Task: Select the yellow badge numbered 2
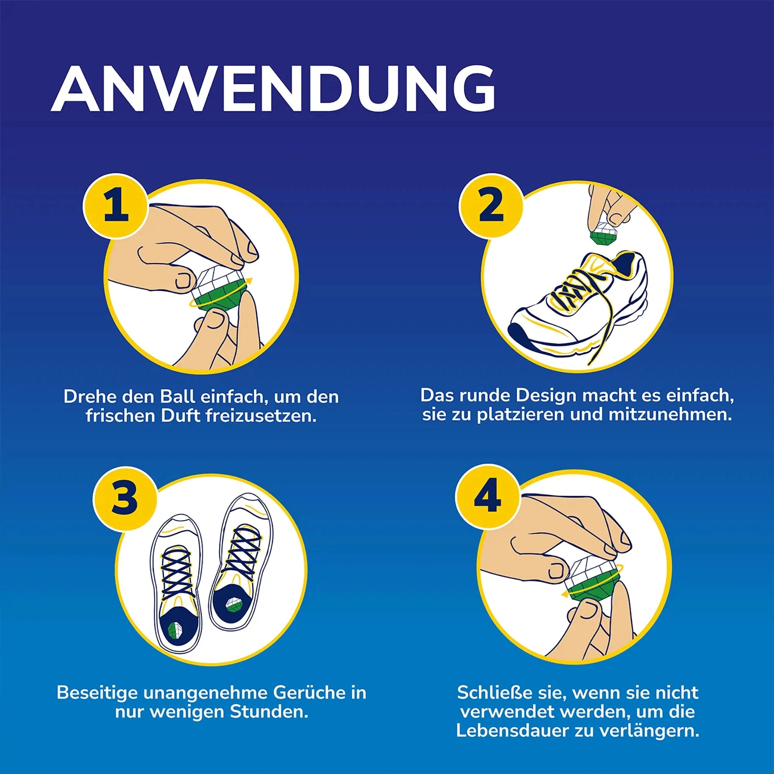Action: (x=491, y=205)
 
